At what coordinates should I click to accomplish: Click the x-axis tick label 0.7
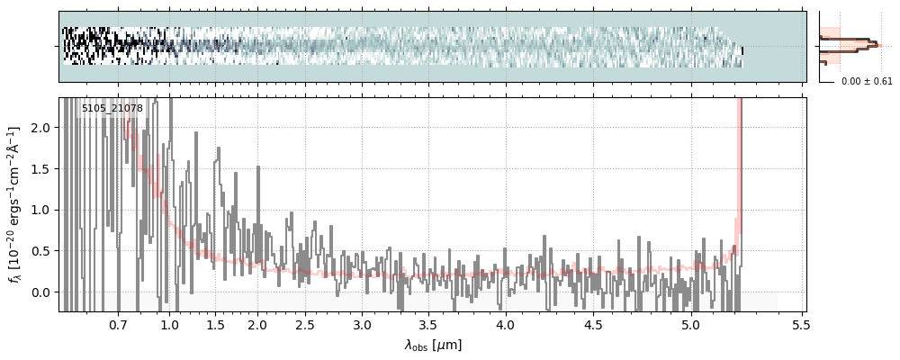click(x=118, y=324)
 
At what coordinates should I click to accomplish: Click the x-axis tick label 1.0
click(x=169, y=324)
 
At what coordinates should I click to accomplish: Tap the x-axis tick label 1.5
click(x=216, y=324)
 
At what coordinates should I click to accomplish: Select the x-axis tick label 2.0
click(x=257, y=324)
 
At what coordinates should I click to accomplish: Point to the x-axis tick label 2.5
click(x=305, y=324)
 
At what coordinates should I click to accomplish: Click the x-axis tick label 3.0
click(x=362, y=324)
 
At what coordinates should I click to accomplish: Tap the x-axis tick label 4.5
click(x=596, y=324)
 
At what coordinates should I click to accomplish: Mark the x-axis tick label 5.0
click(x=689, y=324)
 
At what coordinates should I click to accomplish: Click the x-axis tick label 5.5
click(x=800, y=324)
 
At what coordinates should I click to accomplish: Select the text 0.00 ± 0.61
click(x=867, y=81)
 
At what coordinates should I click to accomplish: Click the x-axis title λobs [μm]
click(x=433, y=345)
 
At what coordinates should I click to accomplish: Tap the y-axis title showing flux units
click(x=15, y=205)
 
